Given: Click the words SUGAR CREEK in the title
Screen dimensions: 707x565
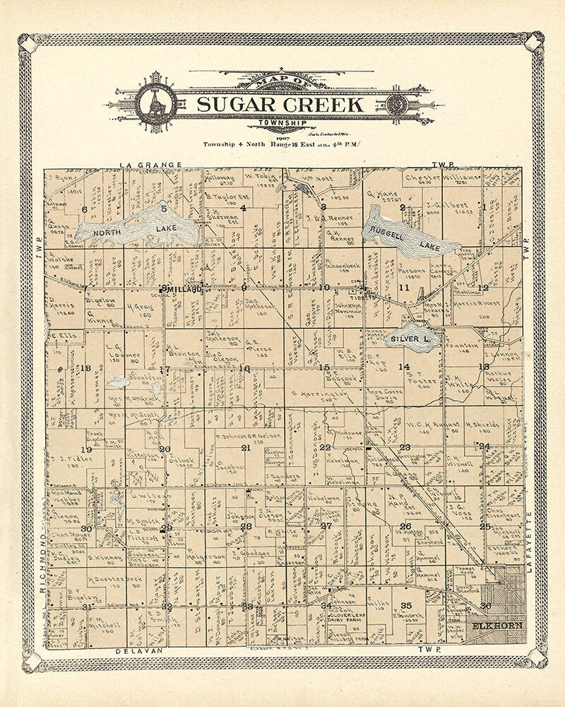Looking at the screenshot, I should click(x=280, y=105).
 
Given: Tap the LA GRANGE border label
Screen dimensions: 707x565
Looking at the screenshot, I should click(x=150, y=165).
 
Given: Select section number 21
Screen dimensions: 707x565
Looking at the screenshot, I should click(x=246, y=448).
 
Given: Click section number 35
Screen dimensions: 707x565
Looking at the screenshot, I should click(x=406, y=606).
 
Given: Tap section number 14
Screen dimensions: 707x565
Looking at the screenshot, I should click(x=403, y=367).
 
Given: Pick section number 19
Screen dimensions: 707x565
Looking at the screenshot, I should click(x=86, y=450).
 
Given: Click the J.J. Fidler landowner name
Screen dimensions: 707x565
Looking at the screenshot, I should click(x=71, y=458).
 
